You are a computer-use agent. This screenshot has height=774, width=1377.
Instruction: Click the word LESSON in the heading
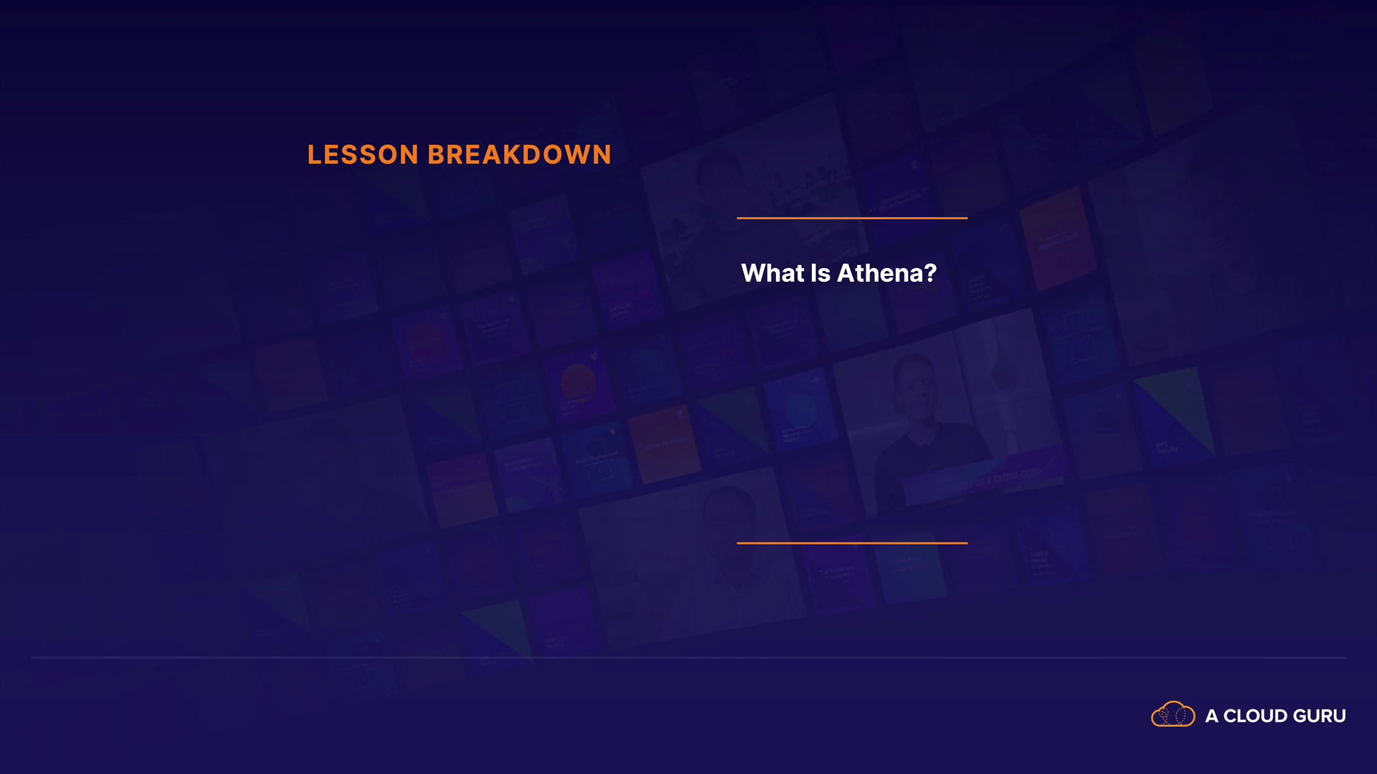(x=363, y=155)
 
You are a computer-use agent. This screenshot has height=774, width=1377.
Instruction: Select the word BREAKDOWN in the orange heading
(x=520, y=155)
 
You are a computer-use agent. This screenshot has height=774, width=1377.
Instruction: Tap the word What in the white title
(x=772, y=273)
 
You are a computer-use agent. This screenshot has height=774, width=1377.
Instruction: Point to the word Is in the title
(x=820, y=273)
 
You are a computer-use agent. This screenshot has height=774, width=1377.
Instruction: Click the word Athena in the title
(x=880, y=273)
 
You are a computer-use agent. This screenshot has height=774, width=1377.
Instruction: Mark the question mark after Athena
(x=930, y=273)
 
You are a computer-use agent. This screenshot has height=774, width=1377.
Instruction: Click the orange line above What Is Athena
(x=852, y=218)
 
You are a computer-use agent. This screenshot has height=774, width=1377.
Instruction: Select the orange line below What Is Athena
(x=852, y=543)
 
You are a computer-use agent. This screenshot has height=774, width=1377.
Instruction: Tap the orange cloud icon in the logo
(x=1173, y=715)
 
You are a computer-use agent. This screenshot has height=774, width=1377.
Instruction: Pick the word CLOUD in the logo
(x=1255, y=716)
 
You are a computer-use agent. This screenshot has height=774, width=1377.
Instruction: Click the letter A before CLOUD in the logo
(x=1212, y=716)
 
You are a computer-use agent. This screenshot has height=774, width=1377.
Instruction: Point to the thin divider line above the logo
(x=688, y=657)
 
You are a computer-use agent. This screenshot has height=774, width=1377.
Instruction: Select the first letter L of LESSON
(x=314, y=155)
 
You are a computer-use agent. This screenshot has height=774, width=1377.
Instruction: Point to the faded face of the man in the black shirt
(x=920, y=391)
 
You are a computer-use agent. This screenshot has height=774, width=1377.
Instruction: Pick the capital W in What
(x=755, y=273)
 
